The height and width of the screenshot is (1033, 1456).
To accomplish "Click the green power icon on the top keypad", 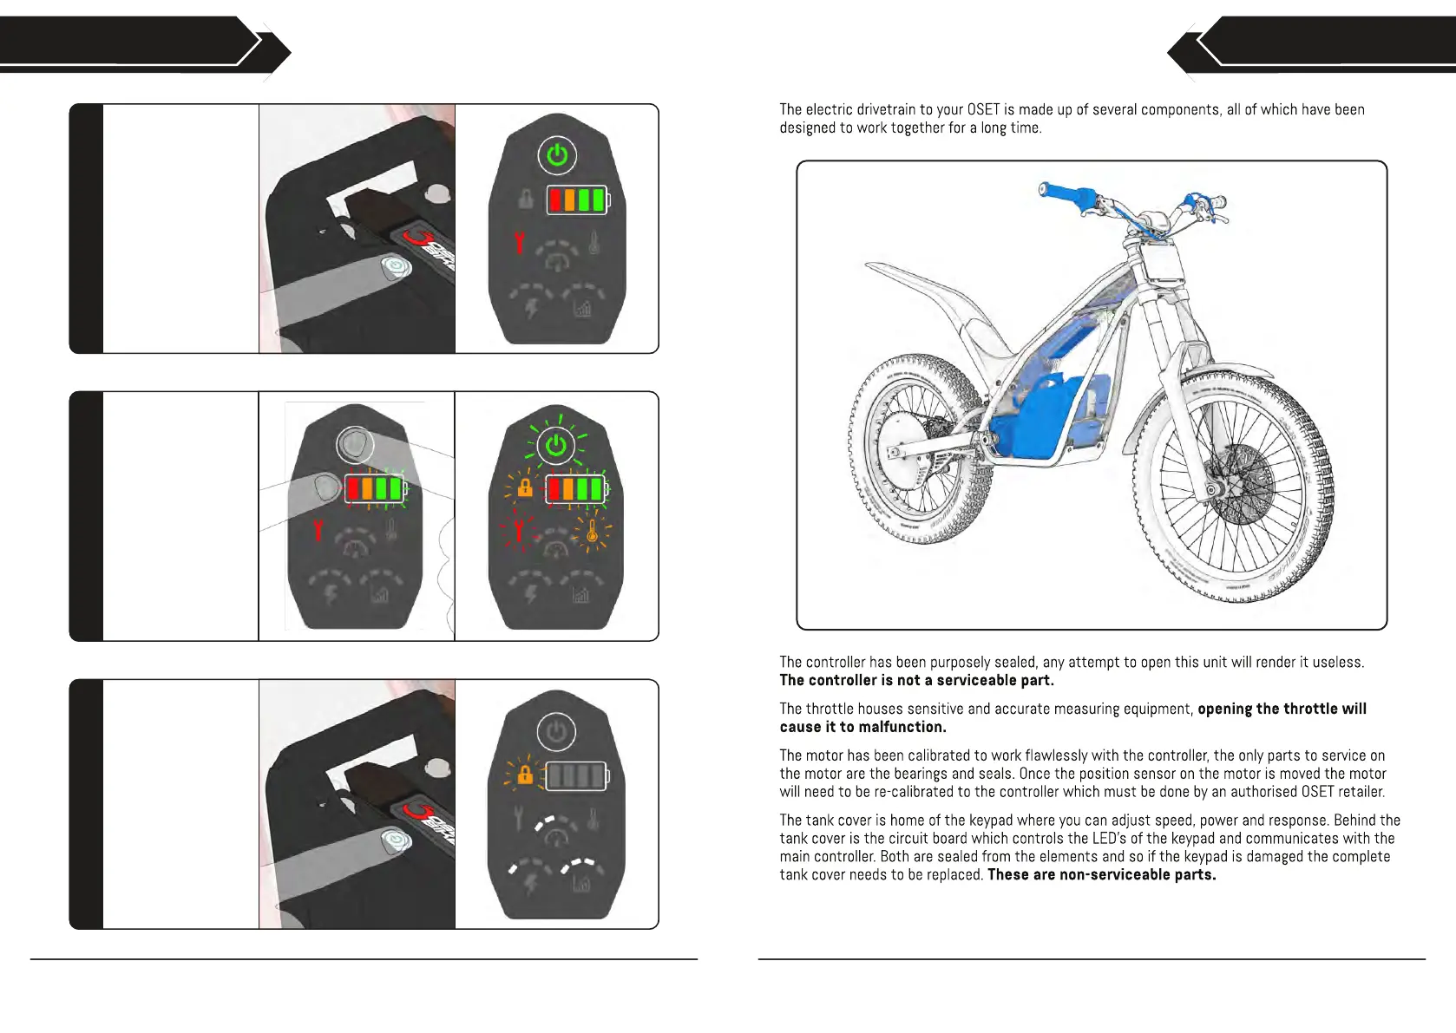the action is (x=557, y=155).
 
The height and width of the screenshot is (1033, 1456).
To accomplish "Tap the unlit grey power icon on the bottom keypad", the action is (x=556, y=731).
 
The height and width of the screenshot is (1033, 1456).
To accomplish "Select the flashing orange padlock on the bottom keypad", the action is (x=524, y=774).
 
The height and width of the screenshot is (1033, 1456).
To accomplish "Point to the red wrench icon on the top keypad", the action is (x=520, y=242).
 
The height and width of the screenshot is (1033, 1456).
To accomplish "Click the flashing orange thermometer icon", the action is (x=593, y=531).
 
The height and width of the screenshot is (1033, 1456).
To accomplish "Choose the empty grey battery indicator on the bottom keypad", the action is (x=575, y=775).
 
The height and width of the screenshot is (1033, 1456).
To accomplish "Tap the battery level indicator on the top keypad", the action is (x=577, y=200).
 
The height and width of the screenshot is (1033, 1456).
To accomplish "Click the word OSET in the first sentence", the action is (x=983, y=109).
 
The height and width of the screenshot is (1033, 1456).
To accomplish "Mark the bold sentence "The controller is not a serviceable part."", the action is (x=916, y=681).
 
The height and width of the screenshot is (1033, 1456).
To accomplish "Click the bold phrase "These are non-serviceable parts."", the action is (x=1101, y=875).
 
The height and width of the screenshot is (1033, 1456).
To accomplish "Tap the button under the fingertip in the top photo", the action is (x=396, y=266).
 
